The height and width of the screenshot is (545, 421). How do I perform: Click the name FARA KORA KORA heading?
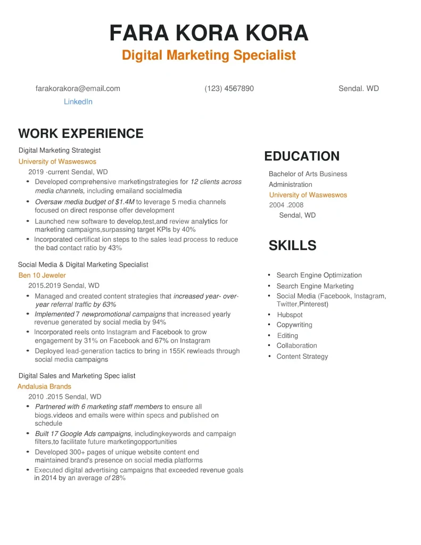[209, 33]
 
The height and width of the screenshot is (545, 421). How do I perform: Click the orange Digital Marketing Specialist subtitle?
[209, 55]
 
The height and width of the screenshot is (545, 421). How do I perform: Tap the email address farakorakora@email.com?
[78, 88]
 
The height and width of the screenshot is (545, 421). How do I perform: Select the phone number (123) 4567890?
[229, 88]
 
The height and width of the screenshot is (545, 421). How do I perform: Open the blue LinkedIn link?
[78, 102]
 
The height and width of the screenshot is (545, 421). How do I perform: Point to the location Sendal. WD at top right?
[358, 88]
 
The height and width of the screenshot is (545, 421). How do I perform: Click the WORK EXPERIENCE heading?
[81, 134]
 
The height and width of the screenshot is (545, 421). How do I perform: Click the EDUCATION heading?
[302, 156]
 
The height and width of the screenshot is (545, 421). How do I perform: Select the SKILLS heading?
[292, 246]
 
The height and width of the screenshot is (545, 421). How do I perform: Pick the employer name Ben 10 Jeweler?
[42, 275]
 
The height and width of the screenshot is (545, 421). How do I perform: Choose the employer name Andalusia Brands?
[44, 386]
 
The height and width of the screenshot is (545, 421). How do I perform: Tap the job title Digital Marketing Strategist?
[60, 151]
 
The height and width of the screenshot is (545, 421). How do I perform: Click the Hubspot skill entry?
[290, 315]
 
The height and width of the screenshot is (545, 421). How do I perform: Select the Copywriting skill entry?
[294, 325]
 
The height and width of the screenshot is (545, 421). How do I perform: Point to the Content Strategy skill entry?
[302, 357]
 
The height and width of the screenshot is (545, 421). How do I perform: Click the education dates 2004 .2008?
[286, 205]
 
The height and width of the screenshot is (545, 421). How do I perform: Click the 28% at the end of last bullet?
[119, 478]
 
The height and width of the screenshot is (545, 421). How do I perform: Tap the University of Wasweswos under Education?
[308, 195]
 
